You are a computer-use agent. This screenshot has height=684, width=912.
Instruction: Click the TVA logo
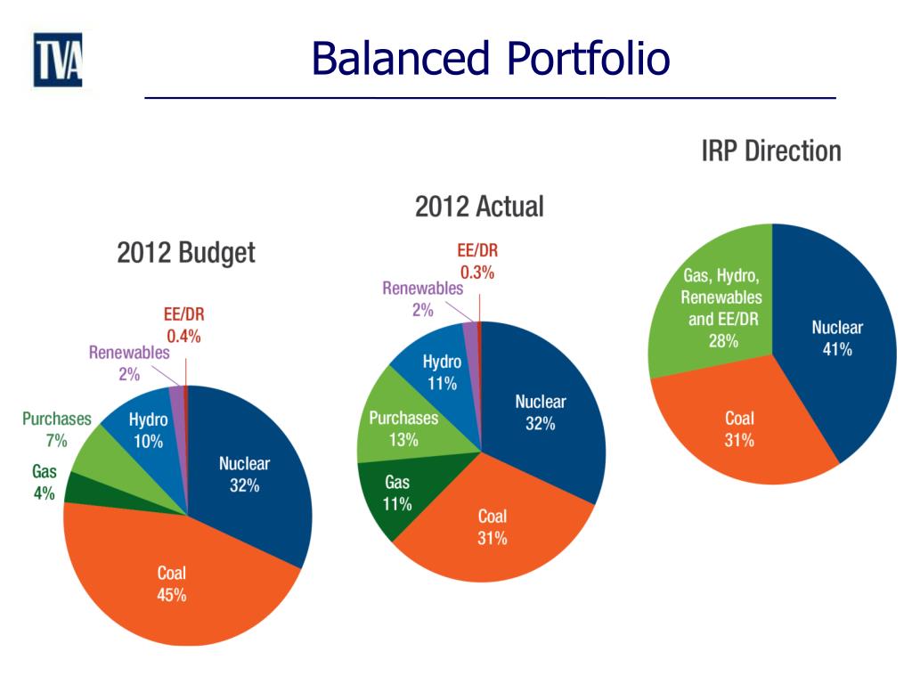click(58, 60)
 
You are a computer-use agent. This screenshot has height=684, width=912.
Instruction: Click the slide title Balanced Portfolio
click(490, 59)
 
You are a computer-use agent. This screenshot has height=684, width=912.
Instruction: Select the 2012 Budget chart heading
click(186, 253)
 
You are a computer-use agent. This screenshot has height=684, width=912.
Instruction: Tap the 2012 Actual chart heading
click(479, 208)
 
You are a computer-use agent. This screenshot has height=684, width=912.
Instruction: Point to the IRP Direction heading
click(770, 151)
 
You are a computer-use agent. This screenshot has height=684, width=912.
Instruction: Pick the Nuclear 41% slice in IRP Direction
click(837, 338)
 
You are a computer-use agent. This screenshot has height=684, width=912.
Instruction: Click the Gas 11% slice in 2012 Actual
click(397, 493)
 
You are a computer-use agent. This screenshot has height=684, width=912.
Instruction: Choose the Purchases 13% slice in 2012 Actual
click(403, 428)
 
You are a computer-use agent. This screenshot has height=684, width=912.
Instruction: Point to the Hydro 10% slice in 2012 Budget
click(148, 427)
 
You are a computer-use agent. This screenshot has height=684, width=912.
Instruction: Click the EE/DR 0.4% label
click(183, 325)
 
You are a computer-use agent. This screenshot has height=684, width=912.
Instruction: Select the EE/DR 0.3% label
click(476, 263)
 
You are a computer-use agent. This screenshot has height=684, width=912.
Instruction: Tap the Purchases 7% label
click(57, 429)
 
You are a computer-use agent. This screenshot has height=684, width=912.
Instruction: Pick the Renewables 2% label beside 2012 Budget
click(129, 363)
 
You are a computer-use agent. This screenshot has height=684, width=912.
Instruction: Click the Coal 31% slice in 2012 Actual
click(493, 527)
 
